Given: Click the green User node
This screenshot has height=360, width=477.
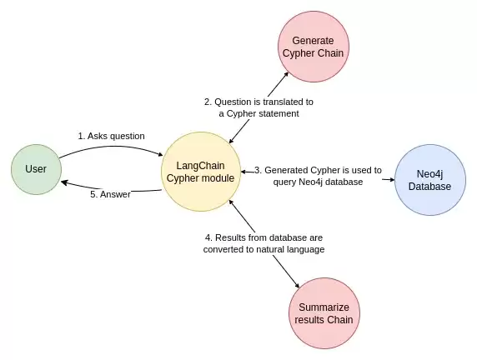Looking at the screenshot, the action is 36,169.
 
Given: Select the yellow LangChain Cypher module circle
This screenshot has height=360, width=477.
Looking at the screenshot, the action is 201,172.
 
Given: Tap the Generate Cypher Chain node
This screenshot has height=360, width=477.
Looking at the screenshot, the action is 314,47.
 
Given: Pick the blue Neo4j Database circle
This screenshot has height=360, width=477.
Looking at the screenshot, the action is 430,180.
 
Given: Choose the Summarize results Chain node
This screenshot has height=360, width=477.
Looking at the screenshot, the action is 324,313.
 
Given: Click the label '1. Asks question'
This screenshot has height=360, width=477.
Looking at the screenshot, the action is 112,136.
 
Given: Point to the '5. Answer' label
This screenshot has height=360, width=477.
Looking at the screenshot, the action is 110,194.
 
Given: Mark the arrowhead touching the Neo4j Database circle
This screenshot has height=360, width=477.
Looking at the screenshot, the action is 392,180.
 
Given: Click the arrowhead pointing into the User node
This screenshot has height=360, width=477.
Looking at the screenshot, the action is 64,182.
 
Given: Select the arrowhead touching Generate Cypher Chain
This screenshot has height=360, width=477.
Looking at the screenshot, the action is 286,74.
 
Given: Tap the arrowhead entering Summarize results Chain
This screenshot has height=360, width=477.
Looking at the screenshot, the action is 297,285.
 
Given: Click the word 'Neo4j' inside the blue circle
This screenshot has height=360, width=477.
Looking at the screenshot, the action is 429,174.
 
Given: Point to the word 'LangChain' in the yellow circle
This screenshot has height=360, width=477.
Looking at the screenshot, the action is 200,166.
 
